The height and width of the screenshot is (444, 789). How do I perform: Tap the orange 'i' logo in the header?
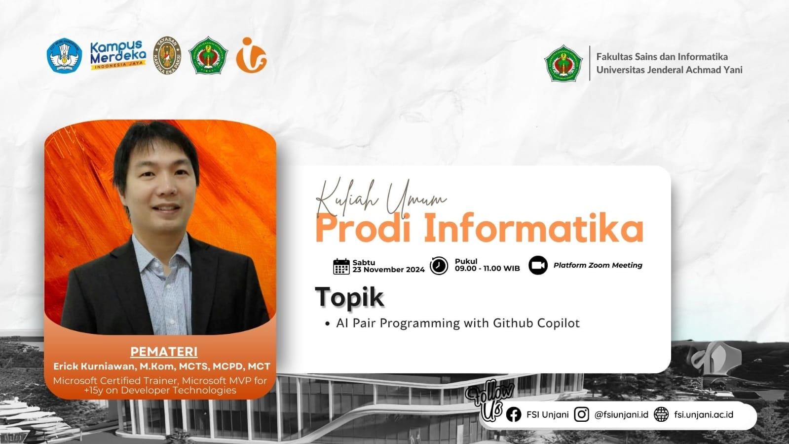[251, 55]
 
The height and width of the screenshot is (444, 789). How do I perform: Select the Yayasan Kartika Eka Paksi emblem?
[167, 55]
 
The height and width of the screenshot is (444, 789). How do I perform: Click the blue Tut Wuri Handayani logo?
[64, 56]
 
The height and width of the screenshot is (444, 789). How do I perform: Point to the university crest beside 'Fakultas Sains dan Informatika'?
[563, 63]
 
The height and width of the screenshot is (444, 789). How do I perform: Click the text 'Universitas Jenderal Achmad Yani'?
[669, 70]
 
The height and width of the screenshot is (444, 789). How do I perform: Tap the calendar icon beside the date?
[341, 266]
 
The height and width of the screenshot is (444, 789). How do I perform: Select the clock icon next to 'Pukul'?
[439, 265]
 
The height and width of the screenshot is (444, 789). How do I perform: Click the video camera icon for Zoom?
[538, 265]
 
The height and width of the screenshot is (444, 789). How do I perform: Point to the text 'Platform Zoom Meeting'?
[598, 265]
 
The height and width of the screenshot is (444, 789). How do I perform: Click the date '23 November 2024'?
[388, 270]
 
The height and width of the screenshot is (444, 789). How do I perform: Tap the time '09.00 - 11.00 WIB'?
[487, 269]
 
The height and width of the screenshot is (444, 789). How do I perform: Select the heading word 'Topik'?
[349, 297]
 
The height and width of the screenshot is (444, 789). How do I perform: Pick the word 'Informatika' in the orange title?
[533, 228]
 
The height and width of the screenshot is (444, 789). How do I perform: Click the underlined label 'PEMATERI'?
[164, 352]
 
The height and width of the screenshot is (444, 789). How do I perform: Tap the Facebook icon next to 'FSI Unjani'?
[513, 414]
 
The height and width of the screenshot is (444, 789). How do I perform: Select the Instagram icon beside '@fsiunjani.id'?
[581, 414]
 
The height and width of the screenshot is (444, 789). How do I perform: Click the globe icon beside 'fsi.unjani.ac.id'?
[661, 414]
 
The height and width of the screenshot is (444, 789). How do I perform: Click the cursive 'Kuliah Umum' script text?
[380, 198]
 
